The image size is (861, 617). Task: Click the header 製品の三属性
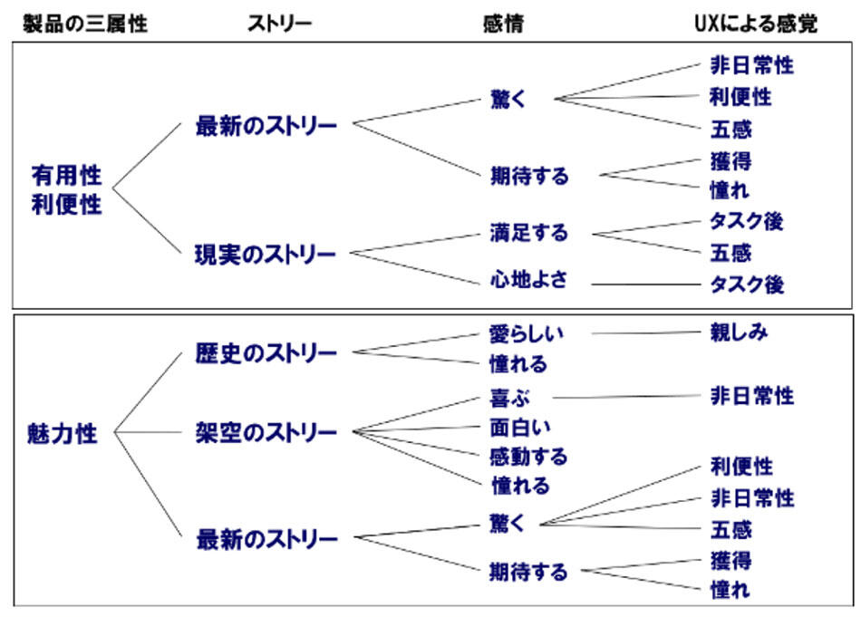[85, 24]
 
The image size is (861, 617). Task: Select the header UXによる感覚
[756, 24]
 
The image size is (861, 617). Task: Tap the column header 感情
[504, 24]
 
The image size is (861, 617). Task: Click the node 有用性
[66, 176]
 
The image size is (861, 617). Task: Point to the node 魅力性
[62, 434]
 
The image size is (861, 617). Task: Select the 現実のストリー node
[266, 255]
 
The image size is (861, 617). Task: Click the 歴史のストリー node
[266, 353]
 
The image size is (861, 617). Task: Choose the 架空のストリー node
[266, 432]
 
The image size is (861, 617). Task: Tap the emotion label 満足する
[528, 232]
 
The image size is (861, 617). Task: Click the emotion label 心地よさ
[528, 280]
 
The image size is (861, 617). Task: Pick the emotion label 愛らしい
[526, 333]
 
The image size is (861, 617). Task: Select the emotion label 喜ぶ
[509, 398]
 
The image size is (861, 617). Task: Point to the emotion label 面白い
[519, 428]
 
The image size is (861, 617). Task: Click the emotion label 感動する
[528, 457]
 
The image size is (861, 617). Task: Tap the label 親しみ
[739, 332]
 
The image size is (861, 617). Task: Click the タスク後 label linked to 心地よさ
[747, 284]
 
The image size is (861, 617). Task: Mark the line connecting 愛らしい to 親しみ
[645, 333]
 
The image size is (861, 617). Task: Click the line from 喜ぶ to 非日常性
[626, 397]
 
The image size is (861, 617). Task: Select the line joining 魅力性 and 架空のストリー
[148, 432]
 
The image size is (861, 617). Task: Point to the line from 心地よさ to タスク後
[645, 284]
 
